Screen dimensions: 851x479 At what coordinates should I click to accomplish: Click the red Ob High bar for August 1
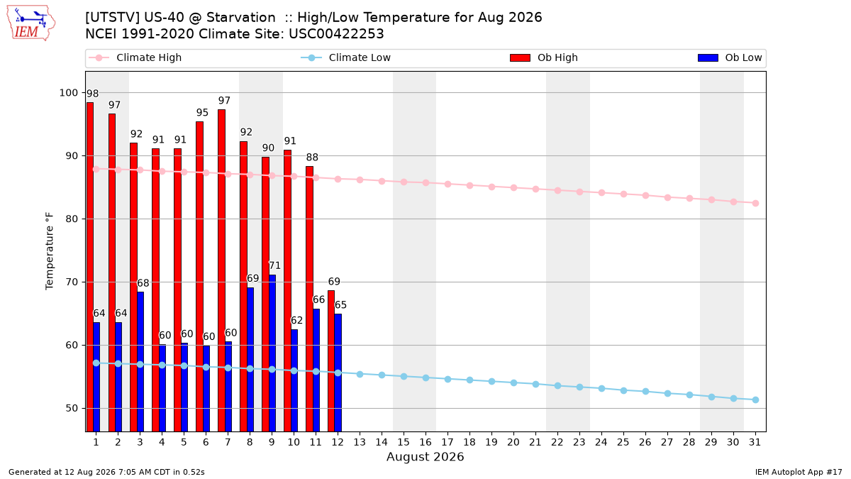click(89, 267)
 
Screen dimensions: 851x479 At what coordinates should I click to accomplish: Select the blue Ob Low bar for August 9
click(272, 353)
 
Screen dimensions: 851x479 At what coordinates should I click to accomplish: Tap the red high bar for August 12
click(331, 360)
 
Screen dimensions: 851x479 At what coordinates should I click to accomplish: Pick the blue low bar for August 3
click(140, 361)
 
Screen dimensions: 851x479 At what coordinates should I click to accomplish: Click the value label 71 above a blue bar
click(274, 265)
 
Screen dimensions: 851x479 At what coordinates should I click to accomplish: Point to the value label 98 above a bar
click(92, 94)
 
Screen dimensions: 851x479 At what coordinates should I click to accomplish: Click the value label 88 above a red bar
click(312, 158)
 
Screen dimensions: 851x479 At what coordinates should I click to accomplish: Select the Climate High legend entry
click(135, 57)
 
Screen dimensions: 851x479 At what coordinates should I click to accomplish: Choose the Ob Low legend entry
click(730, 57)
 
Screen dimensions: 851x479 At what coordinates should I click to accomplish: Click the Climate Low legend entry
click(345, 57)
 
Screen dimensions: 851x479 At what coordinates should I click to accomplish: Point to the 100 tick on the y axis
click(68, 93)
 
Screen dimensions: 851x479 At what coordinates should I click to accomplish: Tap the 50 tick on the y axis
click(72, 408)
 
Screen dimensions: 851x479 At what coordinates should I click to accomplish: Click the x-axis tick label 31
click(755, 442)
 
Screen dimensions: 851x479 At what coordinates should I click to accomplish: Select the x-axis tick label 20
click(513, 442)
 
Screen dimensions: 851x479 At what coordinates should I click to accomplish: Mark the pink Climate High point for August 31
click(755, 204)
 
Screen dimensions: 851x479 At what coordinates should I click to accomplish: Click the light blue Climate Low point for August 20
click(513, 382)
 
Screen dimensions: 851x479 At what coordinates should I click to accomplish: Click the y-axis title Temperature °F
click(50, 251)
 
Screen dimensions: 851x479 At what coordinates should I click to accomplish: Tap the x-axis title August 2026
click(425, 456)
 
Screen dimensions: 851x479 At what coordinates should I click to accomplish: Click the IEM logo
click(30, 23)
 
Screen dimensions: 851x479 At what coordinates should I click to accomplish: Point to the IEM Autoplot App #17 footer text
click(799, 472)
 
